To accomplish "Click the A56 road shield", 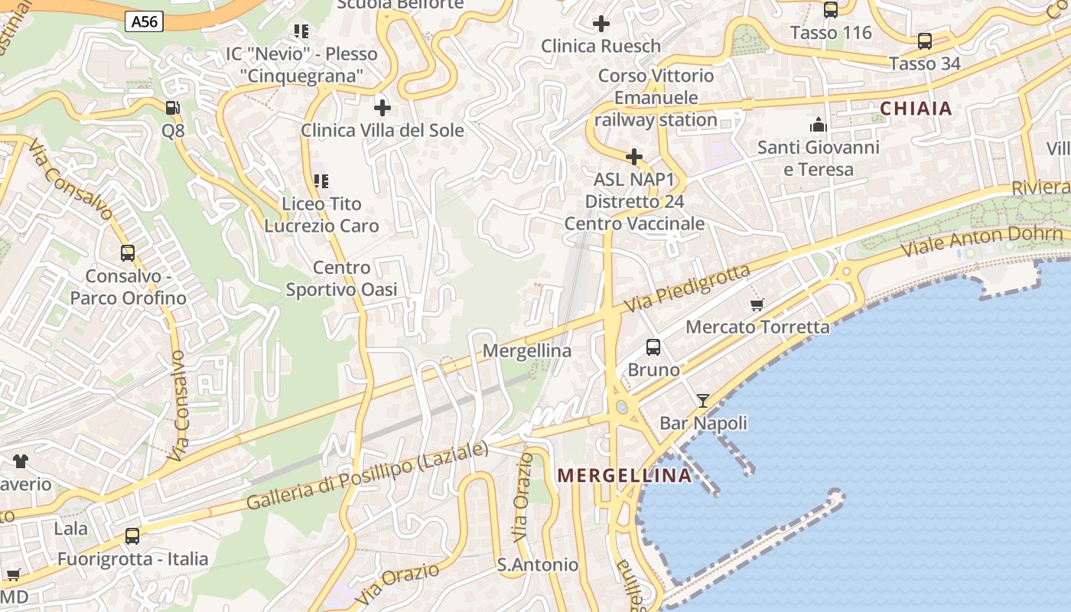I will (x=145, y=21).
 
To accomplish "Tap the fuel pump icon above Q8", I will (x=173, y=108).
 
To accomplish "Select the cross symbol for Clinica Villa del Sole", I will (x=382, y=108).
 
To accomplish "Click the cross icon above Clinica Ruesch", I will (x=601, y=24).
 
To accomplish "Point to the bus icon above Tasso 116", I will (x=831, y=10).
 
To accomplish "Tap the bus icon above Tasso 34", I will (x=924, y=41).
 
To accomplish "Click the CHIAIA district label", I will (x=916, y=109).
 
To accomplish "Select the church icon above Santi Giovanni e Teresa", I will (x=819, y=125).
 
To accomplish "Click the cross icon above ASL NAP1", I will (x=634, y=158).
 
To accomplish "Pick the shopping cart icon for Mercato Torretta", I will (x=757, y=305).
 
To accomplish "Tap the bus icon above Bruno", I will (x=653, y=347).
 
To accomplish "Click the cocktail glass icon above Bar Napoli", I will (x=703, y=400).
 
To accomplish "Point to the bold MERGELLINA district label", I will (x=624, y=475).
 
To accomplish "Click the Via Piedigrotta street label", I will (x=687, y=288).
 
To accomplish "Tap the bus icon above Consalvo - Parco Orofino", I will (x=128, y=253).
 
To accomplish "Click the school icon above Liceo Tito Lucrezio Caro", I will (x=321, y=181).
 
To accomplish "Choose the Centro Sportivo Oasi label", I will (x=341, y=278).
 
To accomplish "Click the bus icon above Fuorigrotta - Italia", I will (x=132, y=536).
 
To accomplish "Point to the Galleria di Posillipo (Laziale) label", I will (x=367, y=477).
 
